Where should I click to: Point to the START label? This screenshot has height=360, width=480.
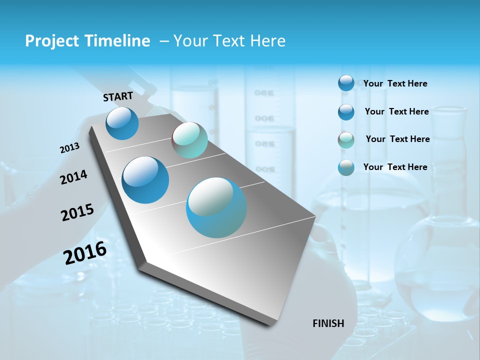point(118,96)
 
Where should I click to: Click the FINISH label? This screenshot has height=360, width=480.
point(328,323)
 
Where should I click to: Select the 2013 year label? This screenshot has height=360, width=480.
point(70,148)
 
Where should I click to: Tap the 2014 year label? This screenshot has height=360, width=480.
point(74,177)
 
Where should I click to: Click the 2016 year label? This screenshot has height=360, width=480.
point(85,252)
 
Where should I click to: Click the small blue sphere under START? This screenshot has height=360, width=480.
point(122,123)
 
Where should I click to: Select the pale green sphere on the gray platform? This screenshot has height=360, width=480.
point(189,140)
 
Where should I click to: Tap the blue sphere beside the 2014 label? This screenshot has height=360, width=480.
point(145,180)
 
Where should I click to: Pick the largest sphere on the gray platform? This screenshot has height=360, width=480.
point(216,207)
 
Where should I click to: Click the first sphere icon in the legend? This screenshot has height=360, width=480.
point(346,83)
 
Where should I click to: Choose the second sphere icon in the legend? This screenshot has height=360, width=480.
point(346,111)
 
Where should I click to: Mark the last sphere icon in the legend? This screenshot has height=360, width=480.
point(346,167)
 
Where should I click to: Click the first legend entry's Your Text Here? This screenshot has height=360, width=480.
point(395,83)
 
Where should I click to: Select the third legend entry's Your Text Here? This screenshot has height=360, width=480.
point(398,139)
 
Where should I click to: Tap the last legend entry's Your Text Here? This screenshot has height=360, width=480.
point(395,167)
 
